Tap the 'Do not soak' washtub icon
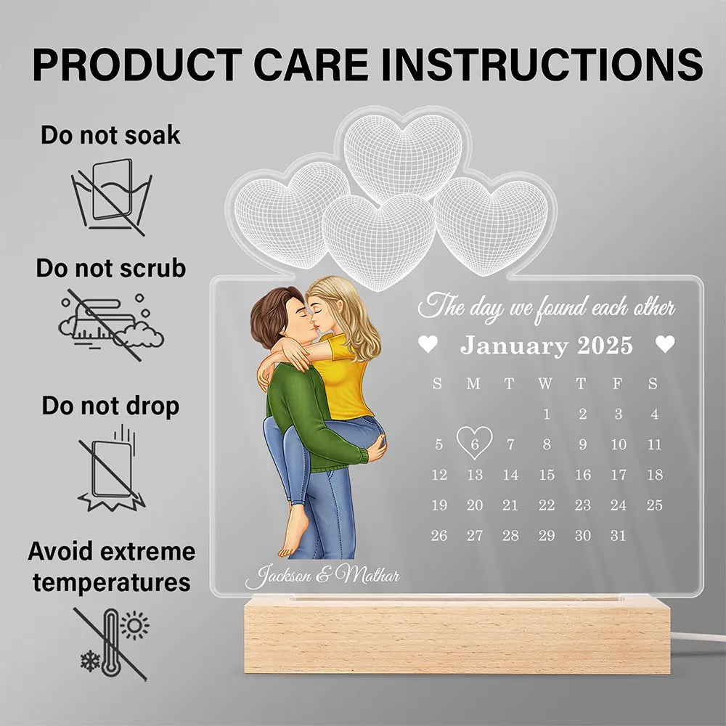pyautogui.click(x=111, y=197)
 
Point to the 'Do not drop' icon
pyautogui.click(x=111, y=468)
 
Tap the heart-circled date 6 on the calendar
pyautogui.click(x=474, y=443)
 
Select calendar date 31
pyautogui.click(x=618, y=536)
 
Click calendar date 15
pyautogui.click(x=547, y=475)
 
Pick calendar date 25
pyautogui.click(x=654, y=505)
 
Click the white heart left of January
pyautogui.click(x=428, y=344)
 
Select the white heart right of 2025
pyautogui.click(x=665, y=344)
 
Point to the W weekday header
pyautogui.click(x=545, y=383)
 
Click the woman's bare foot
pyautogui.click(x=293, y=531)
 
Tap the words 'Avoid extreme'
pyautogui.click(x=111, y=552)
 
